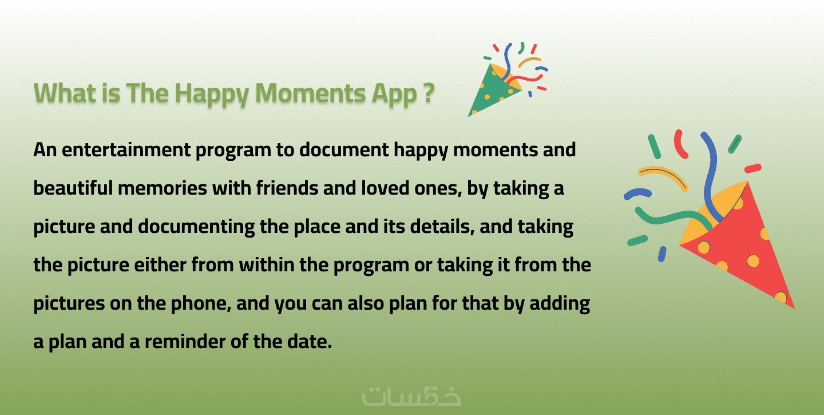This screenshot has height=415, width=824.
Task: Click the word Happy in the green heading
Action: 214,94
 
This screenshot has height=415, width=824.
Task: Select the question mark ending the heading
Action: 429,93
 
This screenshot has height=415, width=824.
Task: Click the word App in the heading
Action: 394,94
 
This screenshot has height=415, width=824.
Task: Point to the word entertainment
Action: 126,150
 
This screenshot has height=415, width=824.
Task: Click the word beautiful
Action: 73,188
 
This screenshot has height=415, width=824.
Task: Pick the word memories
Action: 163,188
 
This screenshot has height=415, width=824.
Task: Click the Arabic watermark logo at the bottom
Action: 411,397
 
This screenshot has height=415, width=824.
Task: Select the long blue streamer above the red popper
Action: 711,177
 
